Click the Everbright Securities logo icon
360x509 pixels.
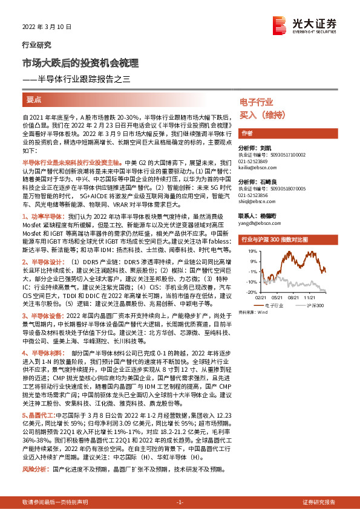point(280,24)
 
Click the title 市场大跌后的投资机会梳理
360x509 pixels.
point(80,62)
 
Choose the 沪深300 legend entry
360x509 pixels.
point(315,305)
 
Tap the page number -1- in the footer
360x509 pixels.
point(180,502)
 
